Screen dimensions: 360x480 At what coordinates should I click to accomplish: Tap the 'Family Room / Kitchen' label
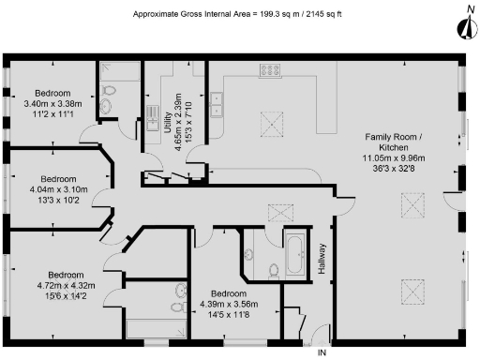[x=394, y=143]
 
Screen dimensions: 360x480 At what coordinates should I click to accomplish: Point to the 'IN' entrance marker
[x=322, y=352]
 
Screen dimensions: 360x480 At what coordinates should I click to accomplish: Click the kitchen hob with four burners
[x=273, y=69]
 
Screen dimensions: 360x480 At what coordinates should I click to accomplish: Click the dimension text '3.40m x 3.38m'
[x=52, y=104]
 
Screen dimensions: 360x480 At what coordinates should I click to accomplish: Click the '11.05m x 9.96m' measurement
[x=394, y=160]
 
